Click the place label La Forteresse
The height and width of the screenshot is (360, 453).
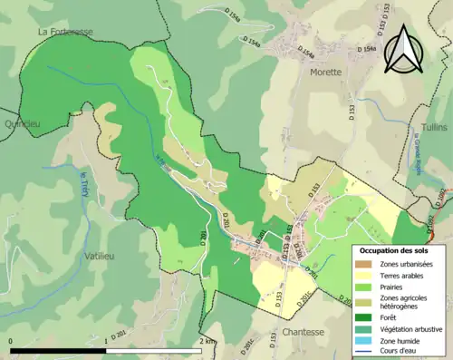65,31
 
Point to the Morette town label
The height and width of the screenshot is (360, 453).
325,72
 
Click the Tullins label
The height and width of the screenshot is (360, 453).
434,127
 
